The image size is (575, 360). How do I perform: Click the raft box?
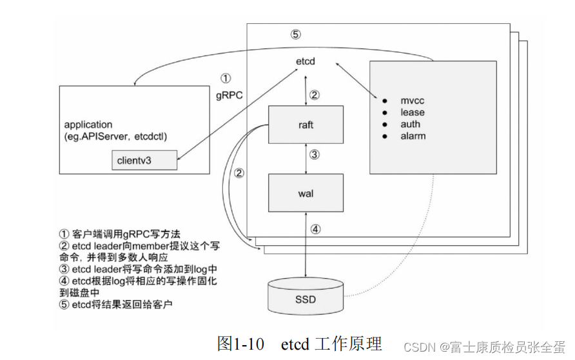pos(306,125)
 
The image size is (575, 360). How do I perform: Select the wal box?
pos(306,194)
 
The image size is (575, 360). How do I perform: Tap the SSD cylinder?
pos(306,299)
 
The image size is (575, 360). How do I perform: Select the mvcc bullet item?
pos(413,101)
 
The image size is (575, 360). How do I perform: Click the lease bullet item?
pos(413,113)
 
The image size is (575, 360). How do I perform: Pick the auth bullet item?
pos(410,125)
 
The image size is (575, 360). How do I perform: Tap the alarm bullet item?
pos(413,136)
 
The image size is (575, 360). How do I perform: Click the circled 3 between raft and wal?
pos(314,155)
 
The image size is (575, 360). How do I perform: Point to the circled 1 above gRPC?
pos(225,79)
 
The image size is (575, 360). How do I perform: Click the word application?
pos(88,124)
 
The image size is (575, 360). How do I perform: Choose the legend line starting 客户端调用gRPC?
pos(121,234)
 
